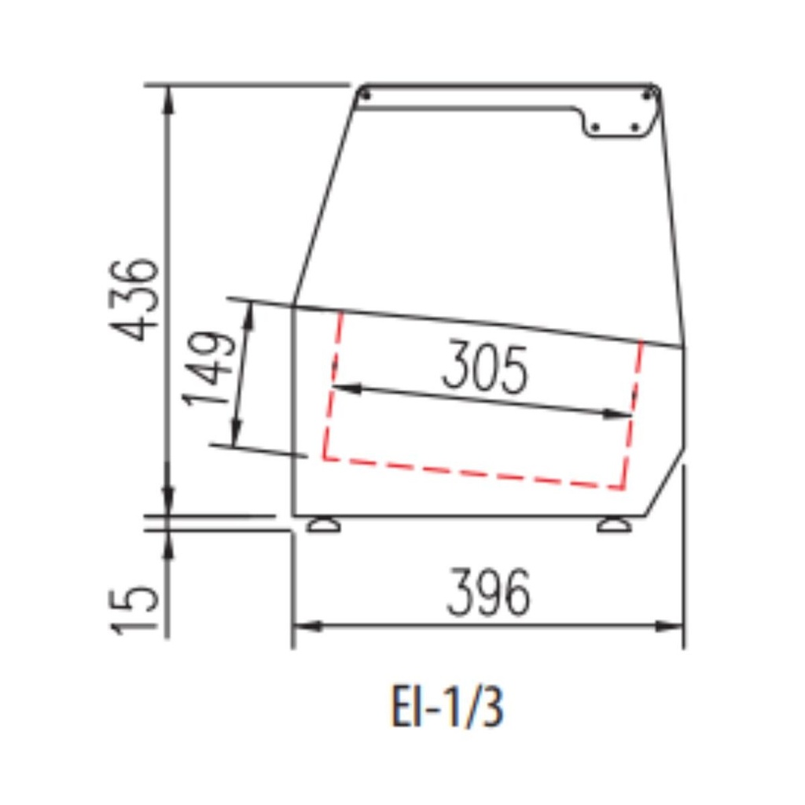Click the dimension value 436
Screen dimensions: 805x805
coord(134,299)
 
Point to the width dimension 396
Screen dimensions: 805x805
coord(488,594)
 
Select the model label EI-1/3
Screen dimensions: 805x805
coord(447,708)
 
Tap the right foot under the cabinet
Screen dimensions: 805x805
coord(614,524)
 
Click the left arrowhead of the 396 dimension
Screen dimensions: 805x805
coord(303,627)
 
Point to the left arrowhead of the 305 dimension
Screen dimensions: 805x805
coord(343,388)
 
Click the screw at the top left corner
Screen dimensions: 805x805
coord(365,94)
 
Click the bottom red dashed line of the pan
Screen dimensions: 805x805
coord(472,473)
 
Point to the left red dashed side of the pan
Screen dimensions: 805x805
coord(333,385)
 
